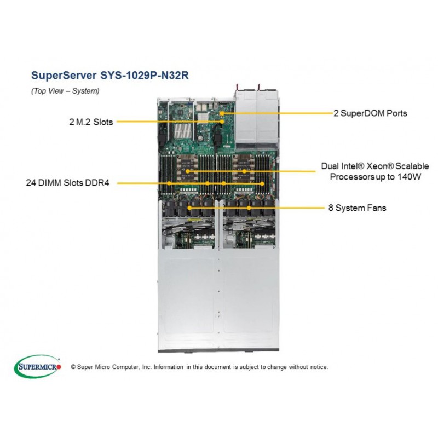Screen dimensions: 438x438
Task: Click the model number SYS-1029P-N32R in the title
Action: click(145, 75)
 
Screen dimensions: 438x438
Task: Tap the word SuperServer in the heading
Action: click(64, 75)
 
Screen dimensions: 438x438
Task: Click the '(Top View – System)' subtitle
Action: click(65, 91)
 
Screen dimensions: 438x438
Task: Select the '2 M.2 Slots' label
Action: click(91, 122)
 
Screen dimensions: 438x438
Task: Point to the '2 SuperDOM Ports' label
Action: click(371, 113)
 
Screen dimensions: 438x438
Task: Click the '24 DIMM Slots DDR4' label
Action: click(67, 183)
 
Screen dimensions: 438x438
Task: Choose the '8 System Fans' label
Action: click(358, 208)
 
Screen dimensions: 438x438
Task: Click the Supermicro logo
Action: click(37, 366)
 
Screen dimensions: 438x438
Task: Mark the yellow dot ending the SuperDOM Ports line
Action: click(221, 113)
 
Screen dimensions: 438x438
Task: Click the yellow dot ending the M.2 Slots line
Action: click(222, 122)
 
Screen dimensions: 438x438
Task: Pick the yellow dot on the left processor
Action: click(188, 171)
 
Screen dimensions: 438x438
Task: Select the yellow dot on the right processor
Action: click(244, 171)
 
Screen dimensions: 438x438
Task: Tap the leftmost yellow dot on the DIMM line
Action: click(169, 183)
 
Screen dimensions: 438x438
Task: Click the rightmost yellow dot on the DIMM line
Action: click(262, 183)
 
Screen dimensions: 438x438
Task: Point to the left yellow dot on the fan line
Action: click(189, 208)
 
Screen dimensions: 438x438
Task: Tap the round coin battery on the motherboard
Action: click(200, 138)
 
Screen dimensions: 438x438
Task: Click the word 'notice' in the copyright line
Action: click(319, 367)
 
